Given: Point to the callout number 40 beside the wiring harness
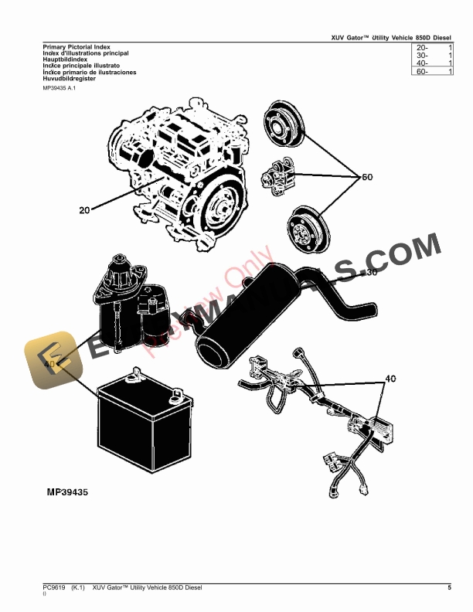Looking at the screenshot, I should pos(390,379).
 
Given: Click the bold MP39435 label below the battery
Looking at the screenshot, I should pos(67,492).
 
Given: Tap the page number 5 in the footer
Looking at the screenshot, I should pos(449,589).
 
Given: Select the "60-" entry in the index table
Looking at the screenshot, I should pos(422,72).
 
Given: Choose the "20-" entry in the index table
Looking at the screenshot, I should pos(422,48).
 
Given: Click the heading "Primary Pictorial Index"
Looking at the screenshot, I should pos(76,47).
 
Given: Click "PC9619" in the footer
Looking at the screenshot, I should pos(55,589).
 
